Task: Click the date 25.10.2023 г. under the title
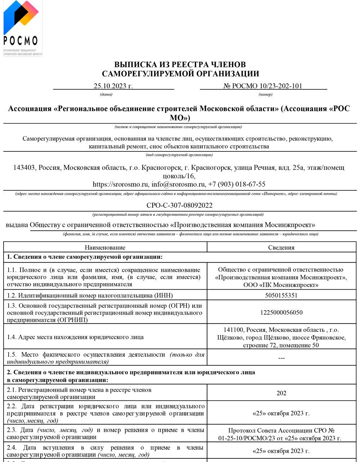(x=113, y=86)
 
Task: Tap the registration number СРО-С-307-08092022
(x=179, y=205)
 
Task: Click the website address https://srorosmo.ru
(x=121, y=184)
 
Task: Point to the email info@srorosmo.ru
(x=178, y=184)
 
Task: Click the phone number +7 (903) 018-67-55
(x=237, y=184)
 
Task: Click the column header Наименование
(x=105, y=248)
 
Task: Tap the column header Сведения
(x=281, y=248)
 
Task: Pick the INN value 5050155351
(x=281, y=296)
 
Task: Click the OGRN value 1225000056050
(x=281, y=312)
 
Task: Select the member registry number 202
(x=281, y=393)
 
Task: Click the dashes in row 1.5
(x=281, y=358)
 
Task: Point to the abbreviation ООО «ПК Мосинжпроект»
(x=281, y=285)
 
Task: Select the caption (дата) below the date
(x=106, y=94)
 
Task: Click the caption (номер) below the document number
(x=265, y=94)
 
